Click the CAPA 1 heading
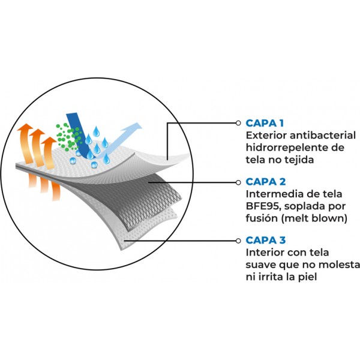click(265, 123)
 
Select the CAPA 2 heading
click(266, 181)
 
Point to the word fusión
click(262, 218)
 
